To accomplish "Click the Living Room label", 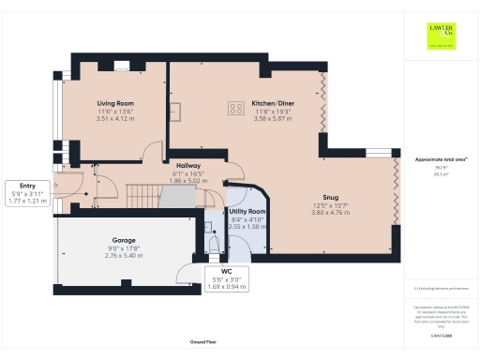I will tap(115, 103).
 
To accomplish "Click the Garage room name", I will tap(111, 241).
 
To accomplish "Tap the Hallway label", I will tap(187, 155).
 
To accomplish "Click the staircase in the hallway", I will tap(142, 196).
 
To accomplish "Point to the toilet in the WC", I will tap(214, 245).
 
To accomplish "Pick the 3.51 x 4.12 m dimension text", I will tap(115, 119).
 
